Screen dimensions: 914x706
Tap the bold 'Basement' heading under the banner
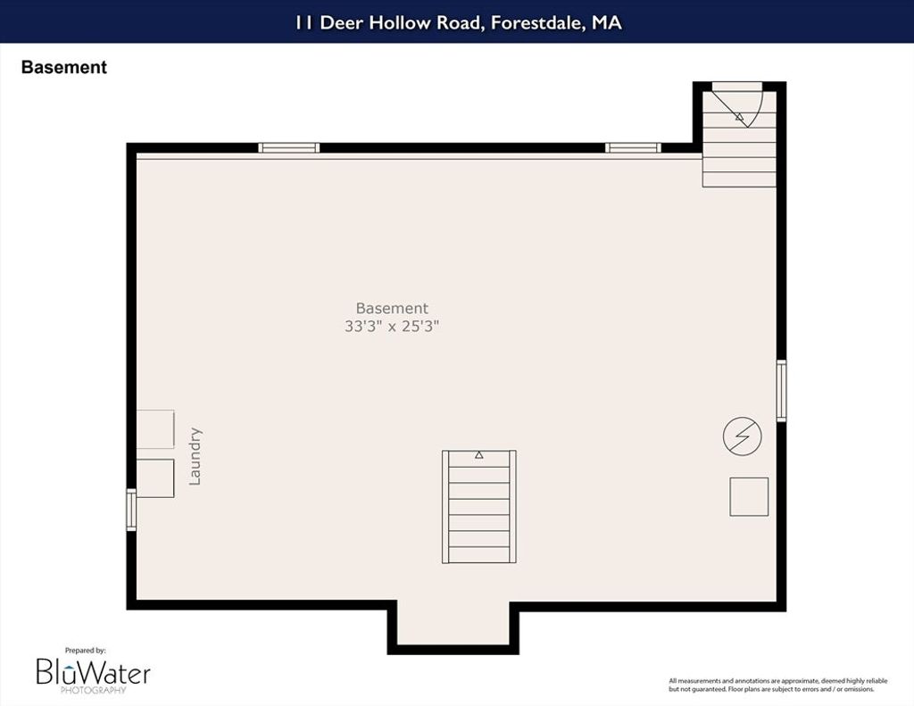(x=64, y=67)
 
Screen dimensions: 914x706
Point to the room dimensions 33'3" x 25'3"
(x=392, y=326)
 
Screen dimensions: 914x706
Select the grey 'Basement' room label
(x=392, y=308)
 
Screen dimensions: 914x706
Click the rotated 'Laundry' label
(x=195, y=456)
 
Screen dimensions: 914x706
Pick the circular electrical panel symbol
(x=742, y=436)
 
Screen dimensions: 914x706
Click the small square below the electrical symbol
(x=749, y=497)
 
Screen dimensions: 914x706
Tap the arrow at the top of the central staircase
(x=479, y=454)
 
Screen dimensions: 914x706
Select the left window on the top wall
(x=289, y=147)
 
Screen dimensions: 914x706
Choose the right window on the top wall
(x=633, y=147)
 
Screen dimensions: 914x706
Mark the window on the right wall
(x=781, y=391)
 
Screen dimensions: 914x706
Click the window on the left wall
(x=132, y=511)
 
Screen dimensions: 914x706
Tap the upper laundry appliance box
(x=155, y=429)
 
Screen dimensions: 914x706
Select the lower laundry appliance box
(x=155, y=478)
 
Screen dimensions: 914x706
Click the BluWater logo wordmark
(x=93, y=672)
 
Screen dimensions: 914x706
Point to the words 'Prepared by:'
(x=85, y=651)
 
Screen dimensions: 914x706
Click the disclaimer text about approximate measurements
(x=778, y=685)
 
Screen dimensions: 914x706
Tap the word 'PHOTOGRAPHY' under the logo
(x=93, y=690)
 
